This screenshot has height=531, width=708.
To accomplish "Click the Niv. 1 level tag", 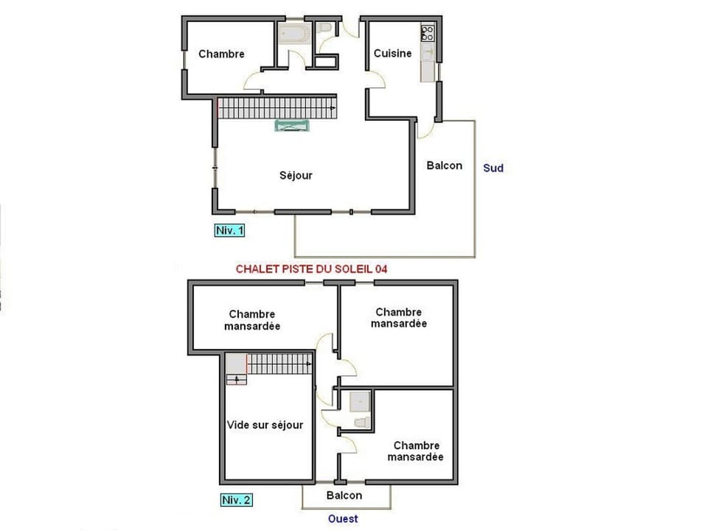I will click(229, 230).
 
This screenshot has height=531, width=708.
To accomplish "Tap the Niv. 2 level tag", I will click(236, 499).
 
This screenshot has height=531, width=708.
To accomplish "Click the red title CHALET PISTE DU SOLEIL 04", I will click(311, 269).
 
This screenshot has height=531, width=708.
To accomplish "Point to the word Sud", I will click(493, 168).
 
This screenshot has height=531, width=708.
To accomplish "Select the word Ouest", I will click(344, 518).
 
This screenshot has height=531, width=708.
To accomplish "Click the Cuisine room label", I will click(392, 53).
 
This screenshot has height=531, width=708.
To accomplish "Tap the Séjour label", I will click(296, 176).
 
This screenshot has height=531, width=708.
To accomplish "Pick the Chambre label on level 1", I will click(221, 54).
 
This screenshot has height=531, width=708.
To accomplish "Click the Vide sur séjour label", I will click(265, 425).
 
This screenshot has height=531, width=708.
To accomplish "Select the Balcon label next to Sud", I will click(445, 165).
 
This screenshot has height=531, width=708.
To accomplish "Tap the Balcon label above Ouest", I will click(344, 496).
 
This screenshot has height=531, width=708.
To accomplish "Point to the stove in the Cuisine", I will click(428, 32).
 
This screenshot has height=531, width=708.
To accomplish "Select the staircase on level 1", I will click(277, 108).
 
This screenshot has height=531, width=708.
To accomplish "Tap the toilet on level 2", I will click(361, 422).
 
